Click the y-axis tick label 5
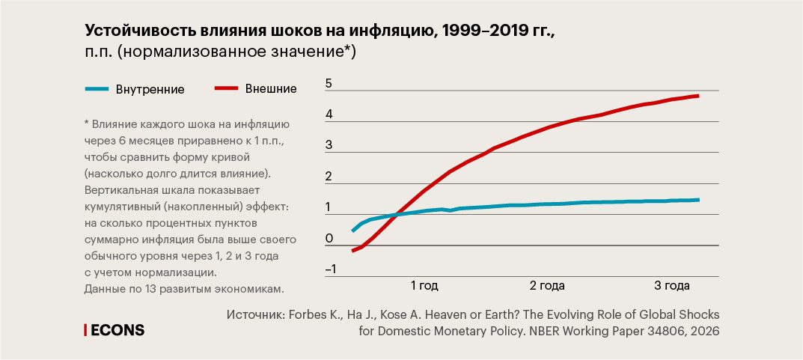tap(329, 85)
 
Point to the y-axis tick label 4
tap(329, 115)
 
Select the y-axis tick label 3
tap(329, 146)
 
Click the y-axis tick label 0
tap(329, 239)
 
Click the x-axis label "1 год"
tap(424, 286)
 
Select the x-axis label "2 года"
tap(547, 286)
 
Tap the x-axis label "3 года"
tap(671, 286)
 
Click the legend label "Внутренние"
tap(150, 89)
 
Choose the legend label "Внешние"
tap(271, 89)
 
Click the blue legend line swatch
tap(97, 89)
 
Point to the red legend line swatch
tap(227, 89)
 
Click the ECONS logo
tap(114, 330)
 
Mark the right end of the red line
tap(698, 96)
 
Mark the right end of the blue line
tap(698, 200)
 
